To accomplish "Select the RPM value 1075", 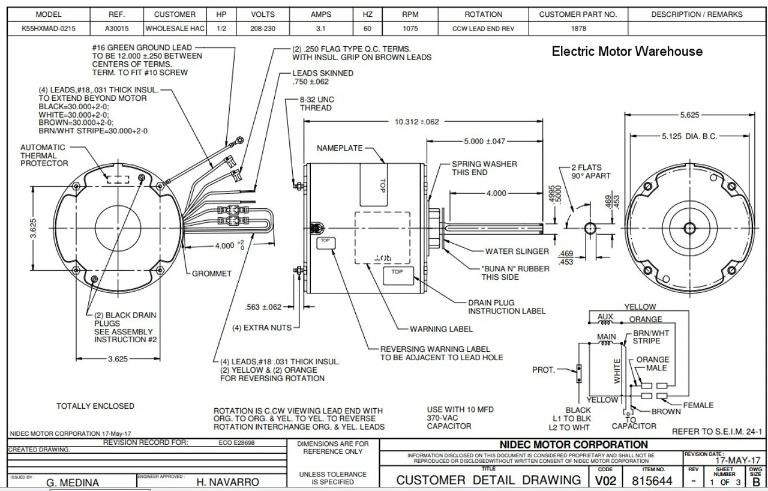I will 410,28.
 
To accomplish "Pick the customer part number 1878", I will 578,28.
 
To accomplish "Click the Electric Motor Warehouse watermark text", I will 627,52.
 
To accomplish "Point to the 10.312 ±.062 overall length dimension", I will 416,122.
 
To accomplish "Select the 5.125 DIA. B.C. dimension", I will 689,136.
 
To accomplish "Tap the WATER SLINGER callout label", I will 517,252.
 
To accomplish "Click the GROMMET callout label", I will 212,274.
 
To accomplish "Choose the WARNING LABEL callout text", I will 441,329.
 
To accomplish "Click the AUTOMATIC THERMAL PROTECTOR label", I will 44,155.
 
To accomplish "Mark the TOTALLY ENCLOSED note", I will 95,406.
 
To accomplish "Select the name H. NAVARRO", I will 228,482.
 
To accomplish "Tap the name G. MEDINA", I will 73,482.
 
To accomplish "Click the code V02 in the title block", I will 605,480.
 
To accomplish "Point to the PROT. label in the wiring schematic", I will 544,370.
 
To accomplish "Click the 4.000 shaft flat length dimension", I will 496,193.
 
